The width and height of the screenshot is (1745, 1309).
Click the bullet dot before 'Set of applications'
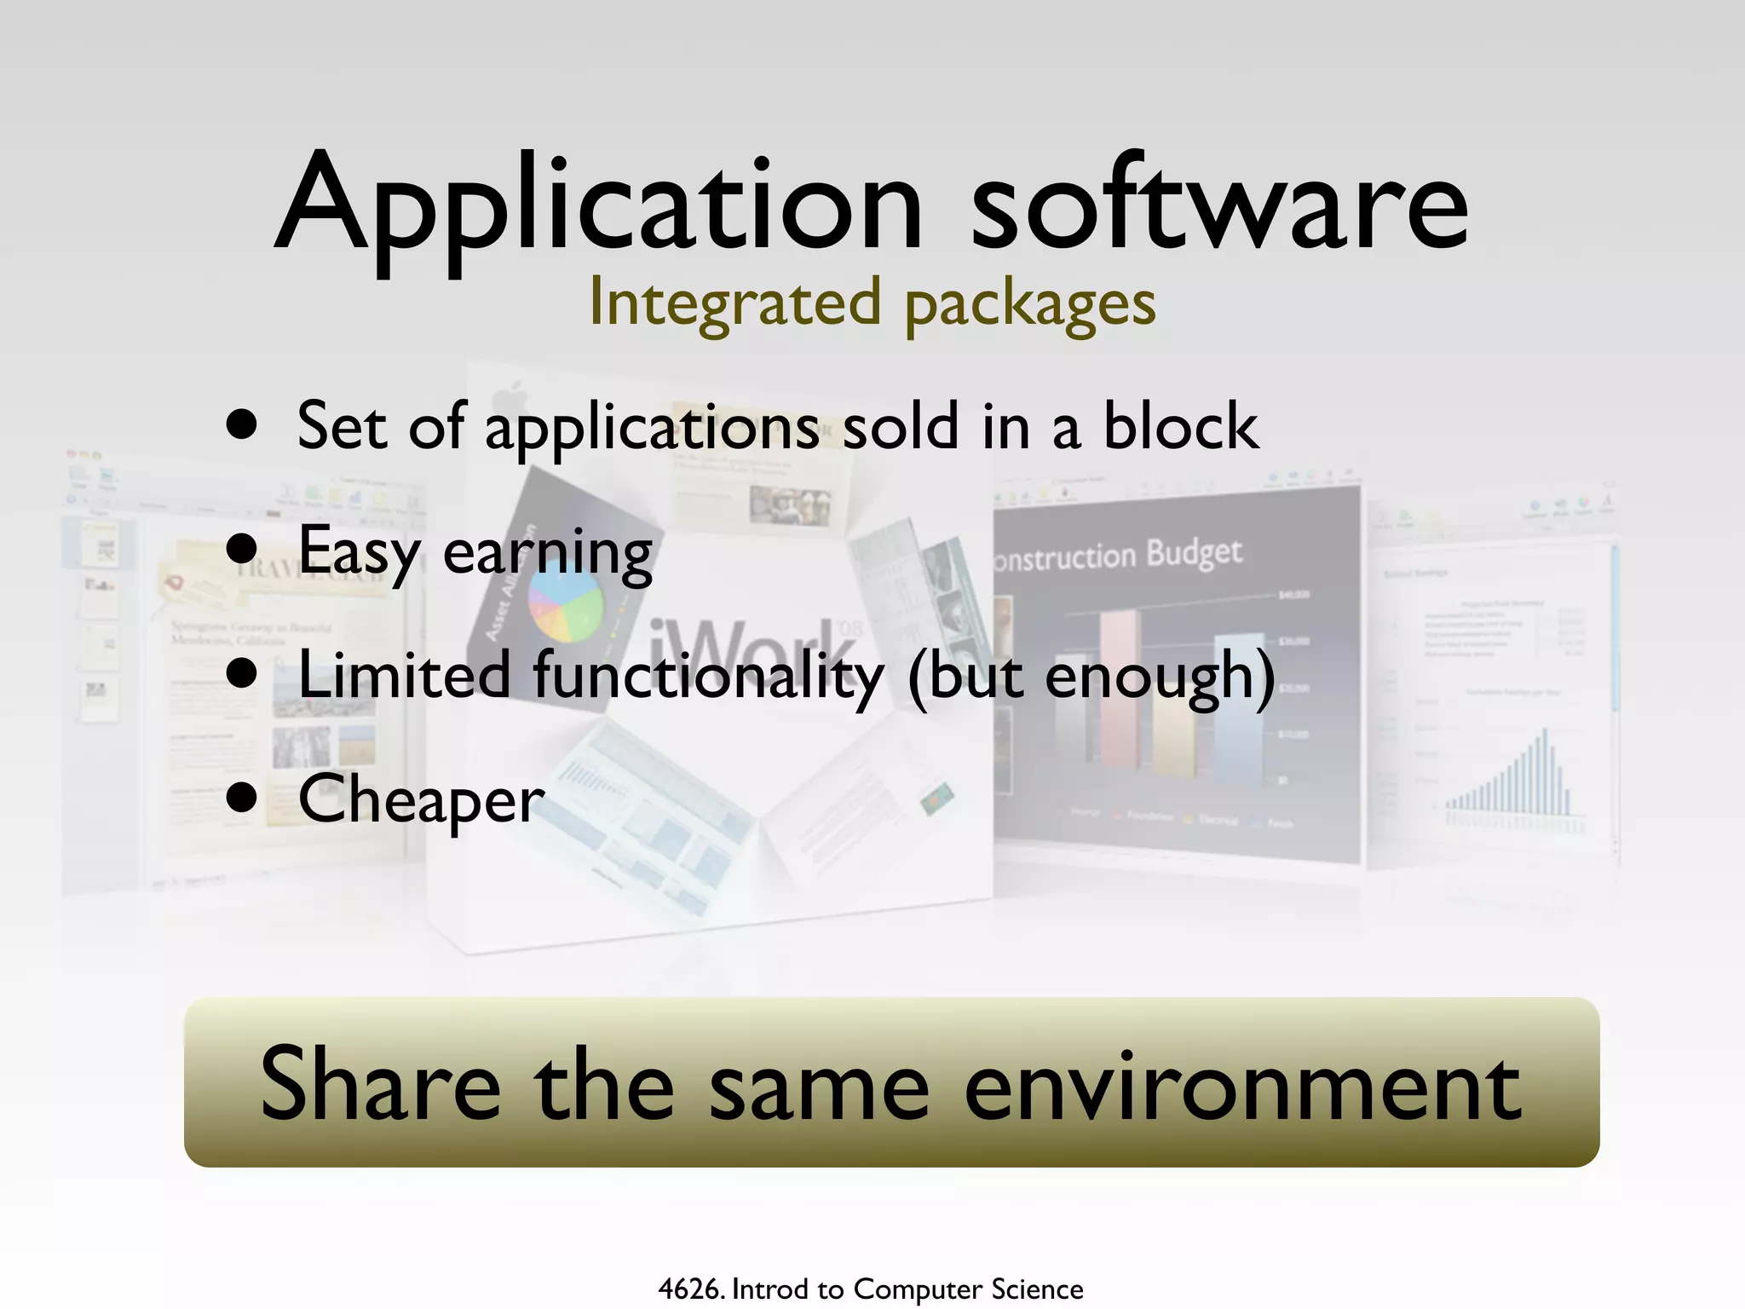tap(242, 424)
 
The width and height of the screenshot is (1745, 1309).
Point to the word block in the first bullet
tap(1180, 426)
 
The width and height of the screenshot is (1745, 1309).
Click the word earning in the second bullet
tap(548, 552)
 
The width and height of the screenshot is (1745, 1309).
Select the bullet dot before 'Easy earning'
tap(242, 548)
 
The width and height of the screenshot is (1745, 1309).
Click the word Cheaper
tap(421, 799)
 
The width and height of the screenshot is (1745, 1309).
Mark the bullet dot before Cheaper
tap(242, 798)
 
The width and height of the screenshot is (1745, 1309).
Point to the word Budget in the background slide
tap(1193, 553)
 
